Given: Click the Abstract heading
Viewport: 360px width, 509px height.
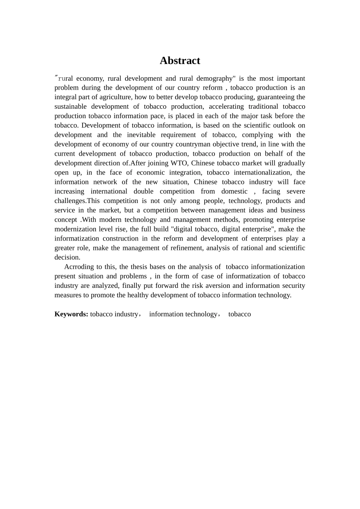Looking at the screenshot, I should [x=180, y=61].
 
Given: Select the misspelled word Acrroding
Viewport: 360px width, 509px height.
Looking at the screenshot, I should [x=79, y=267].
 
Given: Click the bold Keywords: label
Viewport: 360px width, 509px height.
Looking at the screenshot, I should [x=71, y=314].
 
